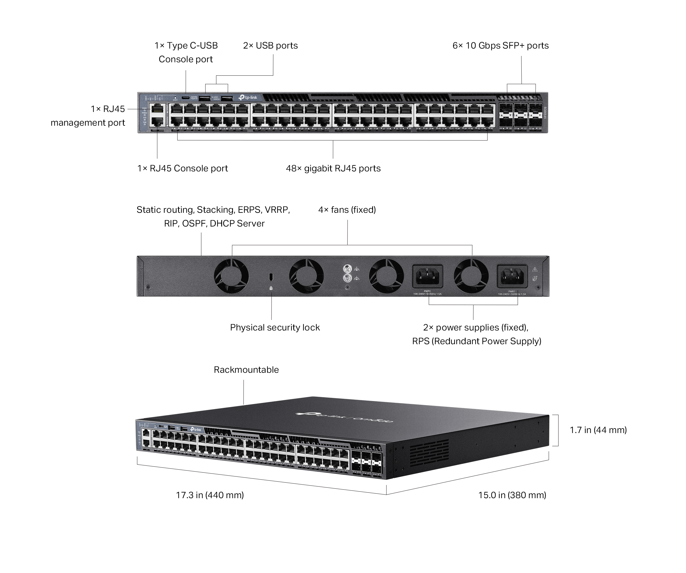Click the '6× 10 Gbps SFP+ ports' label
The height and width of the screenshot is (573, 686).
[500, 46]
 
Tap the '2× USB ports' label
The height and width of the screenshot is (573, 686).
[270, 46]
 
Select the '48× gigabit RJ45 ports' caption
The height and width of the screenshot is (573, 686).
[333, 169]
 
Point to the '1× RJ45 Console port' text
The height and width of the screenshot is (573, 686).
[182, 169]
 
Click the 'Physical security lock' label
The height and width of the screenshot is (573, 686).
[275, 327]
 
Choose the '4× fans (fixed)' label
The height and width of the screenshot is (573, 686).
[347, 210]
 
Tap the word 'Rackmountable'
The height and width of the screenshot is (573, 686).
[246, 370]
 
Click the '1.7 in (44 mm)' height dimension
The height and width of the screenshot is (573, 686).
[598, 430]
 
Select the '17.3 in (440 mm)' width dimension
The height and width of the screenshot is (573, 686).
[210, 495]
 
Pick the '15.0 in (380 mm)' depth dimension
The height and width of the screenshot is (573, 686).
[512, 495]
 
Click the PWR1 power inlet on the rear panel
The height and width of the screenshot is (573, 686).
[512, 276]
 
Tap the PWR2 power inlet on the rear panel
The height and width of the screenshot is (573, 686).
[427, 276]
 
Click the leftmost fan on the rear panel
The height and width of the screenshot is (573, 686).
[231, 276]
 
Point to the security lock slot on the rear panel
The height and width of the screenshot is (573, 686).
[271, 277]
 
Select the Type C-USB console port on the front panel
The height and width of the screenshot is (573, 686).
[186, 98]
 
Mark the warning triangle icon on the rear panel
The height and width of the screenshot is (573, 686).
[535, 270]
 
